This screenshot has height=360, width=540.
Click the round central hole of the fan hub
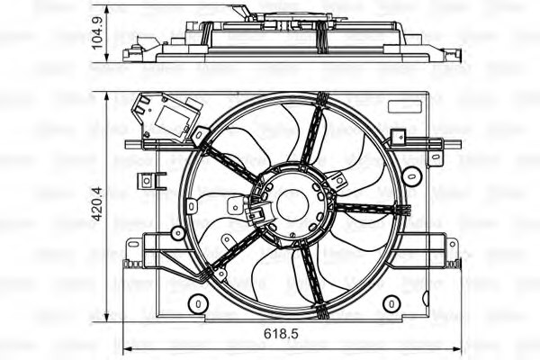pyautogui.click(x=292, y=205)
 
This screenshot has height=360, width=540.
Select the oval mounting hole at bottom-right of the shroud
pyautogui.click(x=391, y=303)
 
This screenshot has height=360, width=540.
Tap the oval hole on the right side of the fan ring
pyautogui.click(x=410, y=174)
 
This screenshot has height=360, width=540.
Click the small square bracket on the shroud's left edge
pyautogui.click(x=145, y=181)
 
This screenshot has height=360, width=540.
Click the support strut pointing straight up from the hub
pyautogui.click(x=312, y=135)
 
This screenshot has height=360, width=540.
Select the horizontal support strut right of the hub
pyautogui.click(x=371, y=209)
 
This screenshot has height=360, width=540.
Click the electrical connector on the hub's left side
pyautogui.click(x=256, y=213)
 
